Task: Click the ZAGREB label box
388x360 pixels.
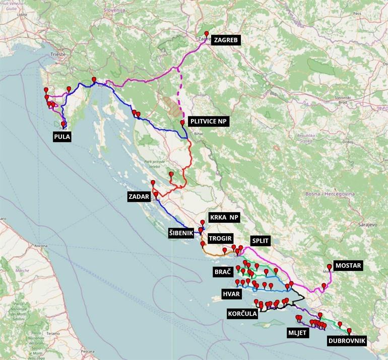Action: tap(226, 40)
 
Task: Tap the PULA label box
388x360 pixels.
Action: tap(62, 136)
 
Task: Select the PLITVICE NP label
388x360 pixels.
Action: tap(208, 121)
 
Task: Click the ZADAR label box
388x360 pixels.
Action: tap(140, 197)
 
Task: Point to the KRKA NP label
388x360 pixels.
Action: tap(224, 217)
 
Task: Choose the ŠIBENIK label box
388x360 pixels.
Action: tap(184, 233)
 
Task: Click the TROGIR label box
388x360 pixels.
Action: tap(220, 238)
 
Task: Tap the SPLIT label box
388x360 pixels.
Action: tap(260, 241)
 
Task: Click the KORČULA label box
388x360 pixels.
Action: tap(242, 314)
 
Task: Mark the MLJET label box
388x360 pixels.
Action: tap(297, 332)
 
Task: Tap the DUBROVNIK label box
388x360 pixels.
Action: tap(347, 341)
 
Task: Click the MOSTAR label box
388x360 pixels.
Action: tap(348, 265)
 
